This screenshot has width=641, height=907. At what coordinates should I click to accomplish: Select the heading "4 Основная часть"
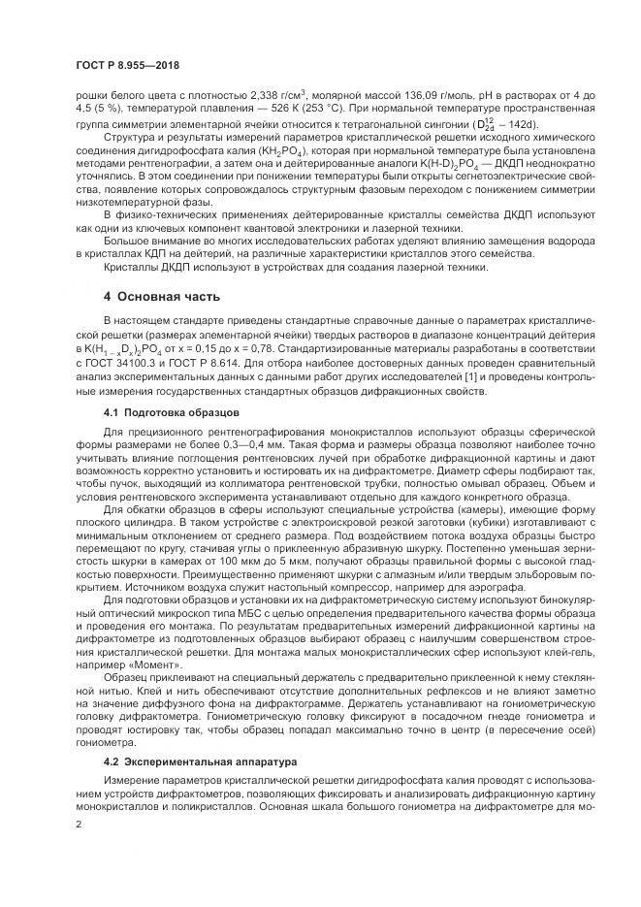pos(162,296)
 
